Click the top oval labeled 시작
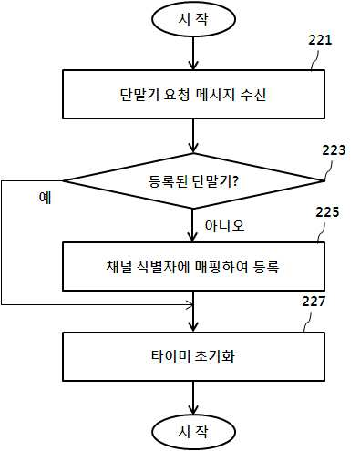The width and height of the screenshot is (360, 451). (x=193, y=19)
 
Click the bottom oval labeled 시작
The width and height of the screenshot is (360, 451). (x=193, y=432)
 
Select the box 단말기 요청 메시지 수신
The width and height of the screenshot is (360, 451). (x=193, y=94)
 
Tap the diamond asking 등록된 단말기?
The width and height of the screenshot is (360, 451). (x=193, y=181)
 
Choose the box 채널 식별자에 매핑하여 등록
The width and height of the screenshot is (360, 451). (x=193, y=266)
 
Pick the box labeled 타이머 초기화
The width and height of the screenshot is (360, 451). (x=193, y=356)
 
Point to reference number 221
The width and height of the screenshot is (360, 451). (x=320, y=40)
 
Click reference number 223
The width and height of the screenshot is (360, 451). (x=334, y=150)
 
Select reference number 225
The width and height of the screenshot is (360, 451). (x=327, y=212)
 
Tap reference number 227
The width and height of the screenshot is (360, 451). (x=314, y=302)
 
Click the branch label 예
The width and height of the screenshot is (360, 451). (x=45, y=198)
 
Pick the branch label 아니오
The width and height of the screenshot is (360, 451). (x=224, y=225)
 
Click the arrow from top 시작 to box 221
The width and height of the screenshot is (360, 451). (x=193, y=54)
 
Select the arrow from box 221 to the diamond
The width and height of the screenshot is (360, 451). (x=193, y=136)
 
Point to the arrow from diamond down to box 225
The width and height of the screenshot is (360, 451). (x=192, y=225)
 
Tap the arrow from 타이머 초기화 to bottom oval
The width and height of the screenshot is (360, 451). (x=193, y=398)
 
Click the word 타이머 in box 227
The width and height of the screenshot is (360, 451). (x=170, y=356)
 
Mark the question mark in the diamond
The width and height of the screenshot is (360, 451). (x=234, y=181)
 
